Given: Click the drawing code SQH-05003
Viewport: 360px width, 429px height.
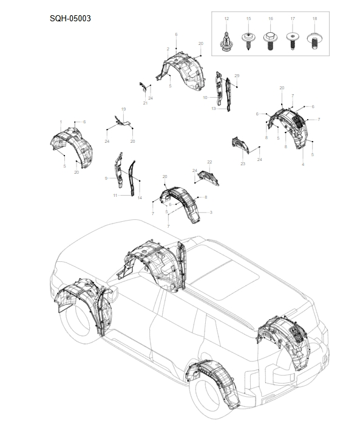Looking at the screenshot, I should click(70, 18).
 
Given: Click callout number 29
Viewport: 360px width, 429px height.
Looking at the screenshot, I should click(237, 75).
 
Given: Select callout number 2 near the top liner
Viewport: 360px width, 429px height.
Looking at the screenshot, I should click(168, 48).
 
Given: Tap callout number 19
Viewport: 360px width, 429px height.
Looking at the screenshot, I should click(123, 109).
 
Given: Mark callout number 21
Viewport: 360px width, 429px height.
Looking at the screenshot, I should click(146, 103).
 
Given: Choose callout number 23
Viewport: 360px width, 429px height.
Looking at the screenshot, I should click(242, 163).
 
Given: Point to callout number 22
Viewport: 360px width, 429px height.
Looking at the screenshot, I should click(209, 162).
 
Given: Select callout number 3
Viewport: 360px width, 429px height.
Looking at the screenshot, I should click(211, 212).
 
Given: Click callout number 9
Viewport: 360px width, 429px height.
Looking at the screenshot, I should click(106, 178).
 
